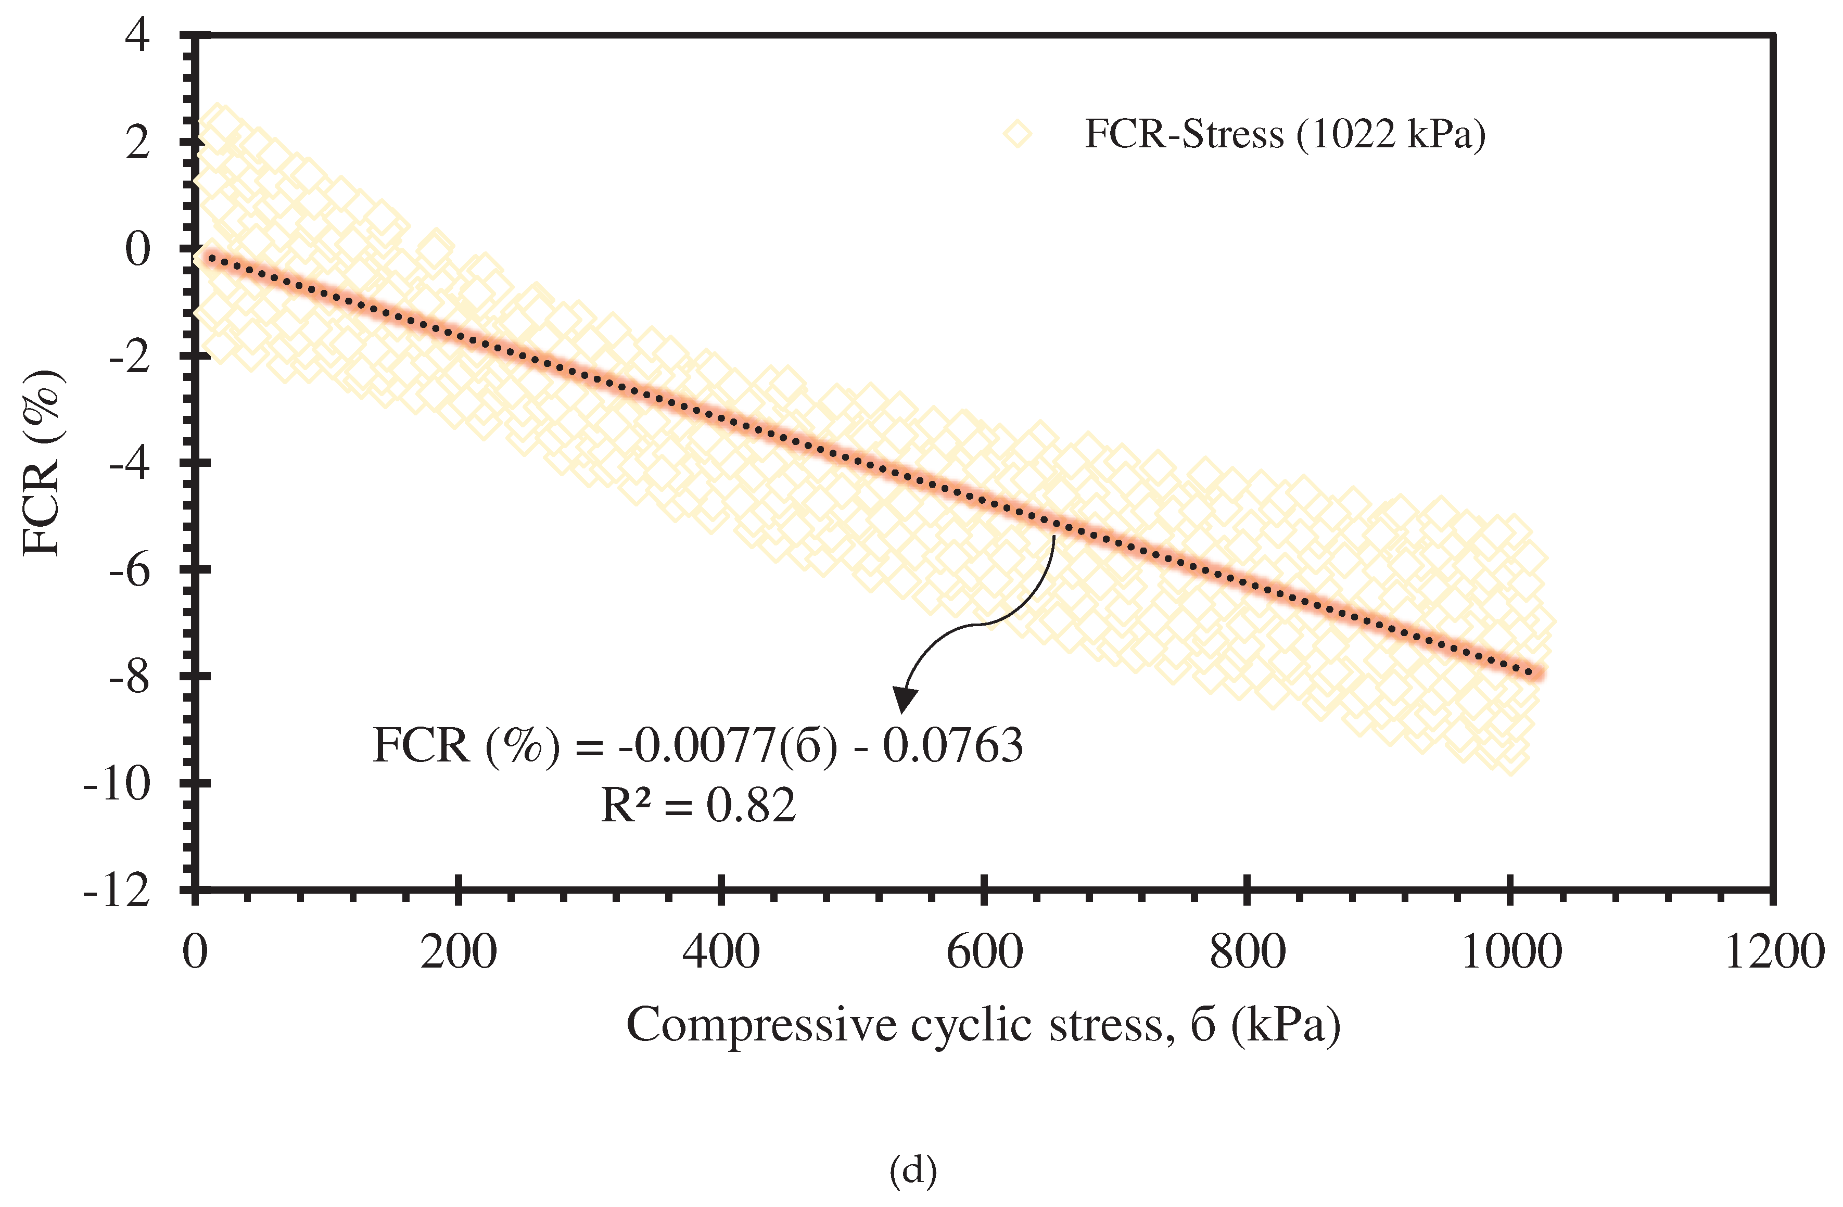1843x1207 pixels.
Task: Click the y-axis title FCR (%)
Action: click(x=43, y=463)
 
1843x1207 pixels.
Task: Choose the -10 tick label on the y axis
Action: click(x=117, y=785)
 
